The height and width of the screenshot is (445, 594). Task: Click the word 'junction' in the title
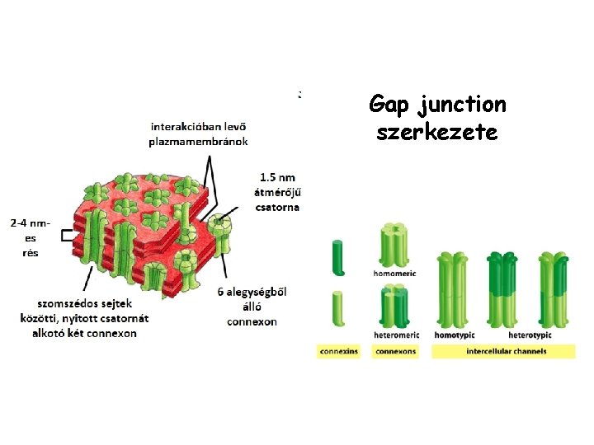click(462, 105)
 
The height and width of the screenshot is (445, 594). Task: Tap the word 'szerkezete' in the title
click(436, 132)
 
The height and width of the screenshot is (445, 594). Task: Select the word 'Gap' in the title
click(389, 105)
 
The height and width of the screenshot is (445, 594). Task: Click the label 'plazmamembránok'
click(199, 141)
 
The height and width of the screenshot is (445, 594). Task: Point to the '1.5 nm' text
click(277, 177)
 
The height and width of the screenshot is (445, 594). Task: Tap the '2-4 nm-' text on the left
click(31, 222)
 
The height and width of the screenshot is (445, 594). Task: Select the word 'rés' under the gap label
click(30, 252)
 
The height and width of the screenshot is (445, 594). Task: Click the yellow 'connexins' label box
click(338, 352)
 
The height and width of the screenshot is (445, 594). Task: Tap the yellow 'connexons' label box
click(396, 352)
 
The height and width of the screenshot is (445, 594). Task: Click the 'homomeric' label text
click(396, 274)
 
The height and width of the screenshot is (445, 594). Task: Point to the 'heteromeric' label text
click(397, 335)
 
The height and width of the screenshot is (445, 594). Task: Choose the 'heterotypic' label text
click(529, 335)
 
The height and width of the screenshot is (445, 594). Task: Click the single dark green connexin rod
click(337, 257)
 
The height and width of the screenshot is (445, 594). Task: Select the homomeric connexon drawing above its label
click(394, 244)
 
